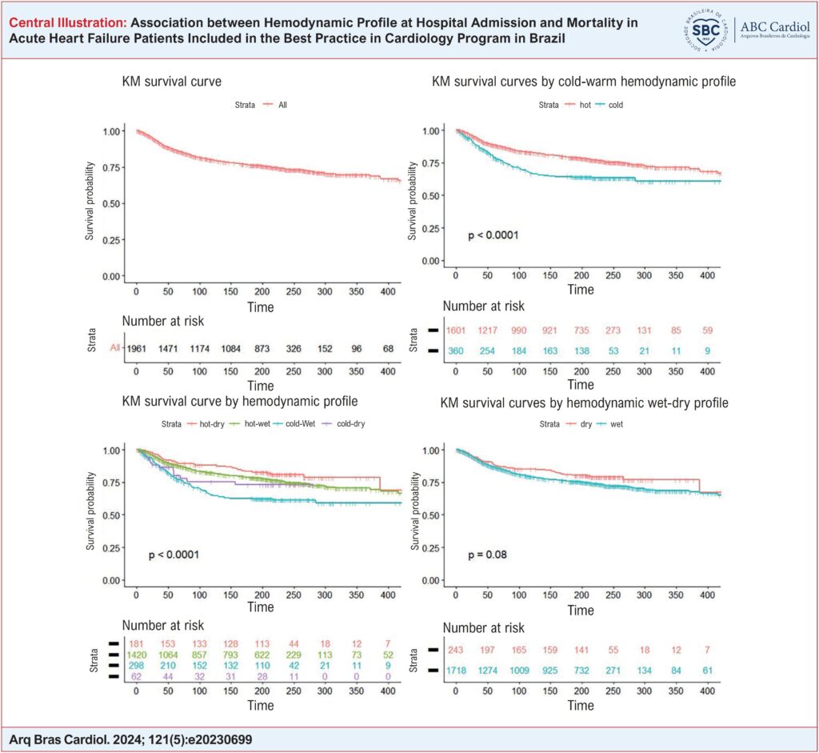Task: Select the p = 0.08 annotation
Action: click(x=486, y=554)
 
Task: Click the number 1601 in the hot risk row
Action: click(x=457, y=330)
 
